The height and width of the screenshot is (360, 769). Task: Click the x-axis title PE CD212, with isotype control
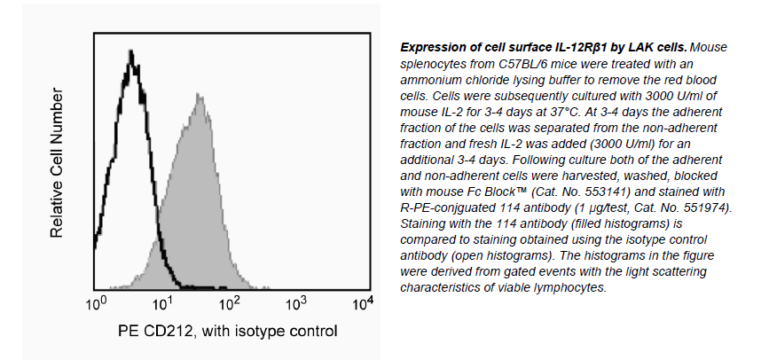[228, 333]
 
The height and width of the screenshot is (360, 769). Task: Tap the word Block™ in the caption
[541, 191]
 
